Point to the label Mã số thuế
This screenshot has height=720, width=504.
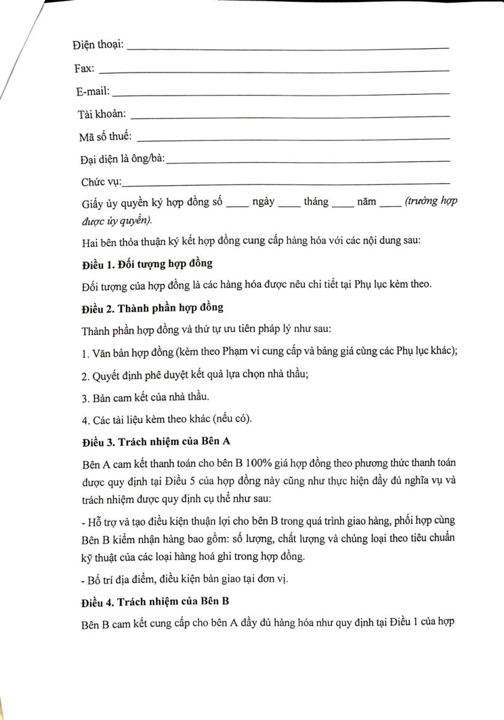point(105,137)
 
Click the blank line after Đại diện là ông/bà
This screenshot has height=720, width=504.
point(308,161)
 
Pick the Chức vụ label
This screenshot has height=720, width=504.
point(101,182)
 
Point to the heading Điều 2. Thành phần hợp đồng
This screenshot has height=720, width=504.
point(152,308)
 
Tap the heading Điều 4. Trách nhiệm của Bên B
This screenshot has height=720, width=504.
point(157,600)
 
